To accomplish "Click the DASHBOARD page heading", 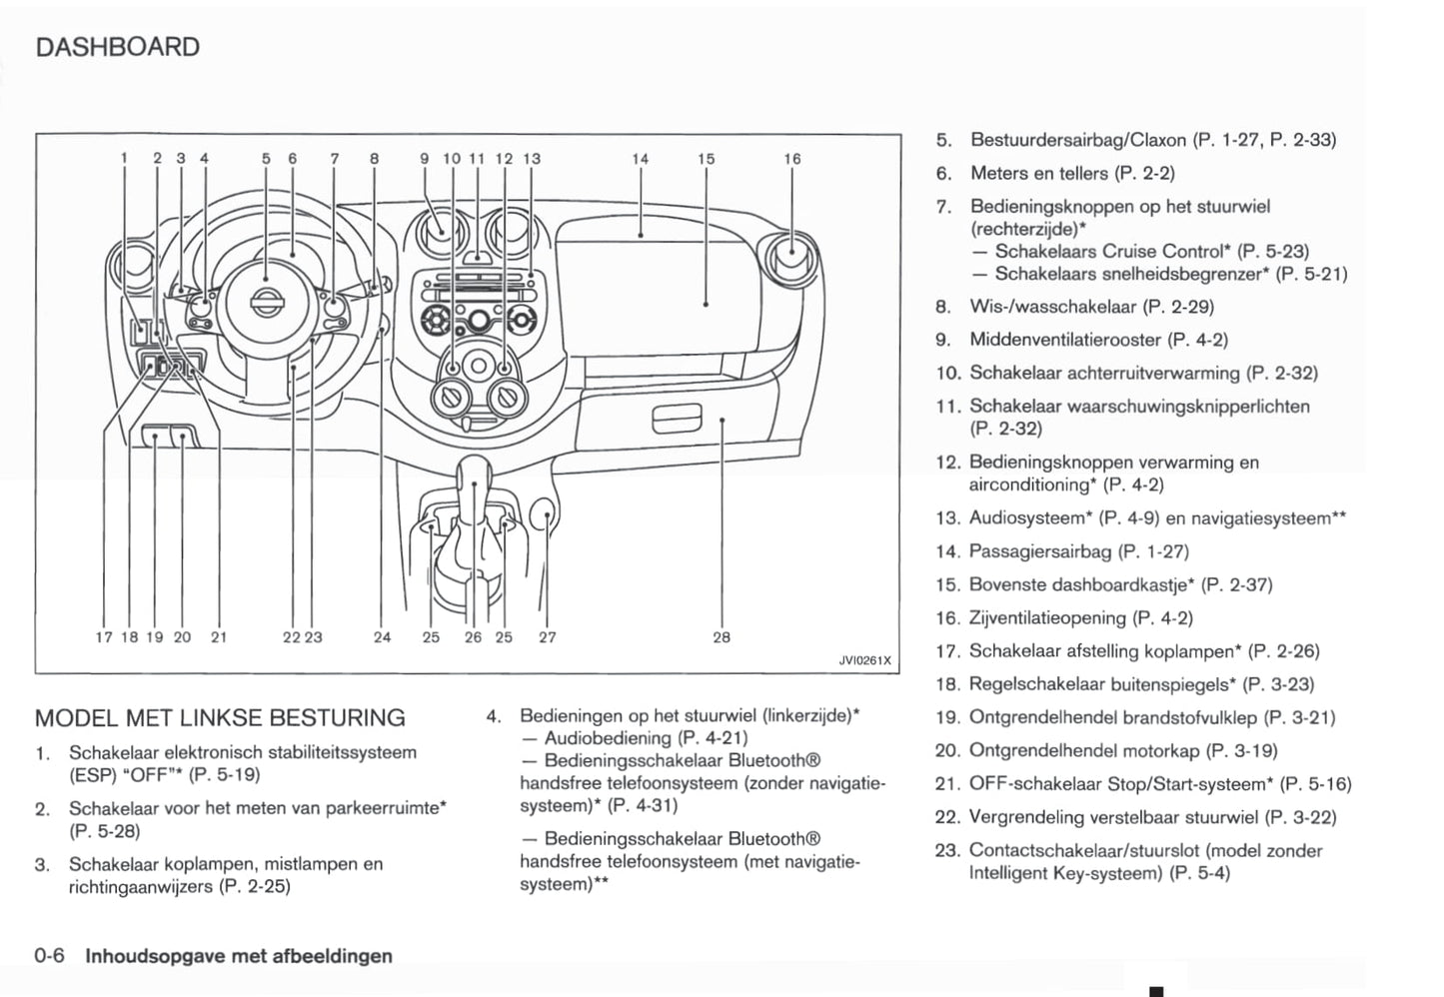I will (x=117, y=47).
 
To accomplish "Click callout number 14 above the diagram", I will (x=640, y=159).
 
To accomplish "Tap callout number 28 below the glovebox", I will (x=722, y=636).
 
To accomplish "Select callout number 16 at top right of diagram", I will (x=791, y=159).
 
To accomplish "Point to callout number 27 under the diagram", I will (x=547, y=636).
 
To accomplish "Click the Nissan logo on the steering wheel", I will (x=265, y=301).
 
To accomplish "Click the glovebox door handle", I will (x=678, y=420).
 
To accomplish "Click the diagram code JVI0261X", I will (x=863, y=660).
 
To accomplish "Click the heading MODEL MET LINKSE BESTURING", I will (x=220, y=717).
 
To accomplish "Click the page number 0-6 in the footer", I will (x=49, y=956).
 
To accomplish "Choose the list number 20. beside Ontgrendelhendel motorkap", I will (x=946, y=750).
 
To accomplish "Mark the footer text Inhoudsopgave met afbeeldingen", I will (x=239, y=956).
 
